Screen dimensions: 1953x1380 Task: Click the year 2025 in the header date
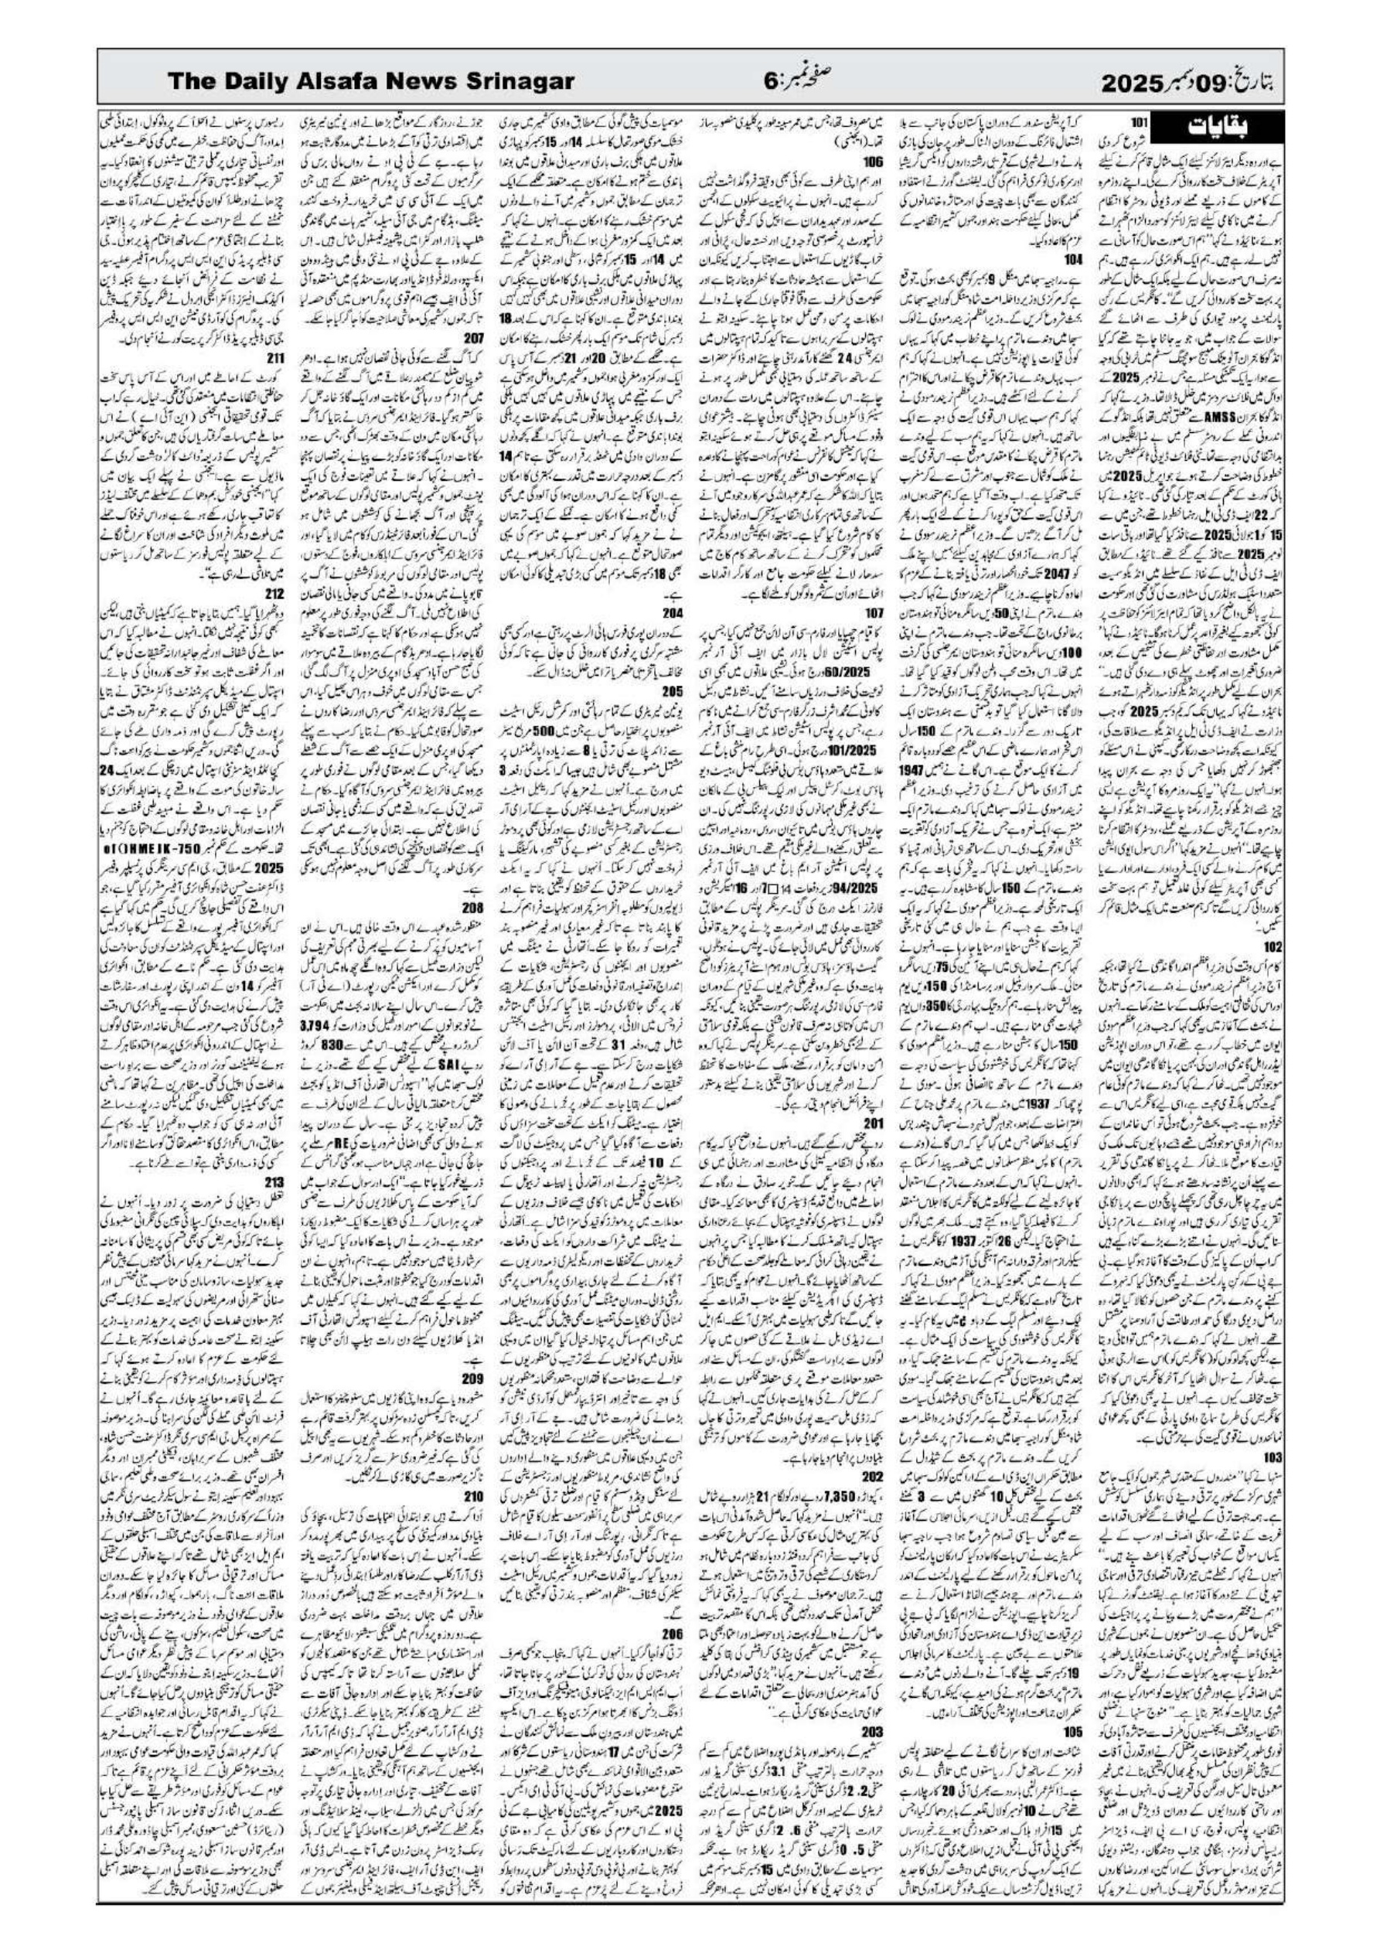pyautogui.click(x=1133, y=84)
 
